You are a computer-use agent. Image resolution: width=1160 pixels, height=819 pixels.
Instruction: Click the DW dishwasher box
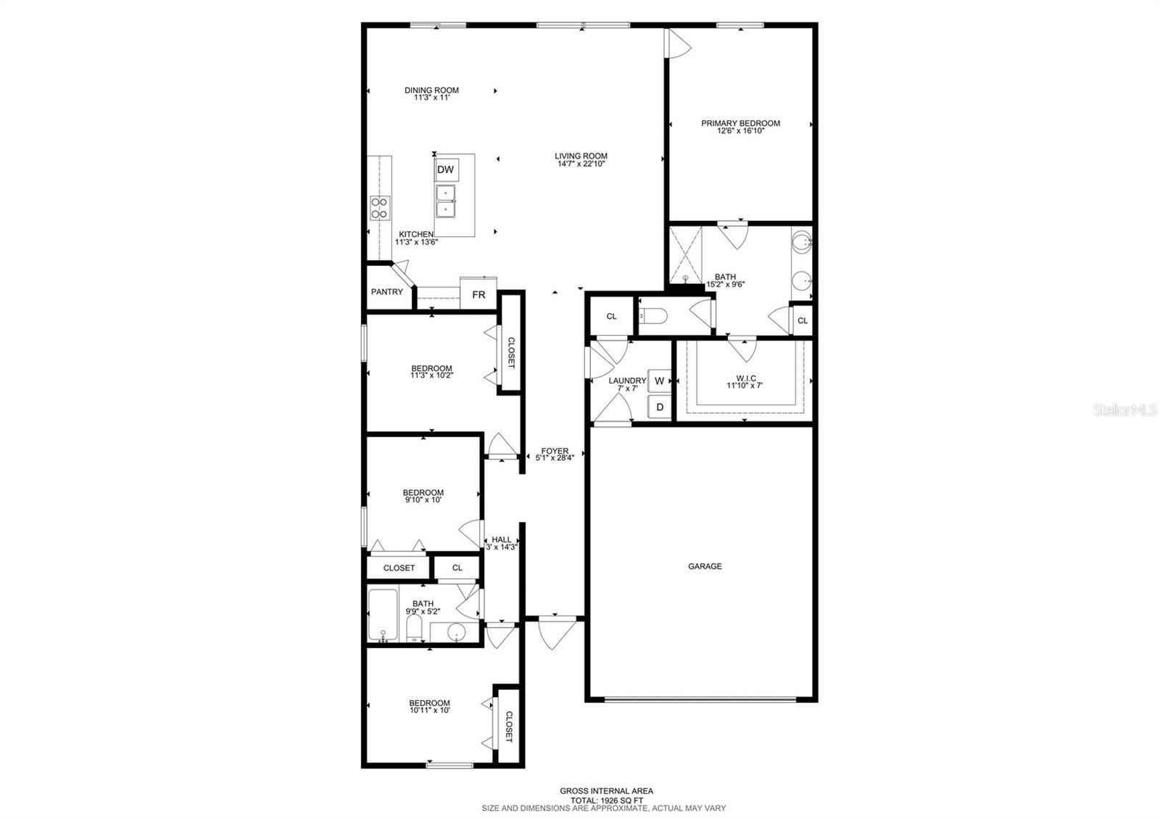tap(446, 170)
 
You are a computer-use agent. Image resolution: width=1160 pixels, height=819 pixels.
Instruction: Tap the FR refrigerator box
tap(478, 295)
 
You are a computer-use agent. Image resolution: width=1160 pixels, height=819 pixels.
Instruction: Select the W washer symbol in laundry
tap(660, 381)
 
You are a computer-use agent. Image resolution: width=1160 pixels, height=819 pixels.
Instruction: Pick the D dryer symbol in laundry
tap(660, 407)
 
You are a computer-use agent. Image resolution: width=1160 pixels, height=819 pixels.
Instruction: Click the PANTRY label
tap(387, 292)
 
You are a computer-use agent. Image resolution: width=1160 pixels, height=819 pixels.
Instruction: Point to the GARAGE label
tap(705, 566)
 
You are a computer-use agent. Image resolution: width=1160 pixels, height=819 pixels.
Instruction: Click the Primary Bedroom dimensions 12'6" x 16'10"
tap(740, 131)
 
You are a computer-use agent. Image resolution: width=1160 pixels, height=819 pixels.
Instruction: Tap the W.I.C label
tap(745, 378)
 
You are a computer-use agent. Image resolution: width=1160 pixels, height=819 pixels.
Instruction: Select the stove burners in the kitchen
tap(380, 208)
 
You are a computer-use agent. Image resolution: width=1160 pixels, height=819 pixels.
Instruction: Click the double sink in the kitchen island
tap(445, 201)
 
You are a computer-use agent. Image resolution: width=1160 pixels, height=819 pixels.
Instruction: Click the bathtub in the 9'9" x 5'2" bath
tap(381, 615)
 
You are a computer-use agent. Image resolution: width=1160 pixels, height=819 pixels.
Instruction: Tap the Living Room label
tap(581, 156)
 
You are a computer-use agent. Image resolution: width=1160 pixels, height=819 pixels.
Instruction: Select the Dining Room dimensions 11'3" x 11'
tap(431, 98)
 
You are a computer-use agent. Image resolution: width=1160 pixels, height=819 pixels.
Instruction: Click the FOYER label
tap(555, 451)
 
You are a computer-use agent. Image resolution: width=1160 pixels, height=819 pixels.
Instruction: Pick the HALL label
tap(501, 540)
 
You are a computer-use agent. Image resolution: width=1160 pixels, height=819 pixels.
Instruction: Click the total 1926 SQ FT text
tap(606, 799)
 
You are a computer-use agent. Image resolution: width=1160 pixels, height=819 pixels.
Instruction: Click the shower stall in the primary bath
tap(684, 254)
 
